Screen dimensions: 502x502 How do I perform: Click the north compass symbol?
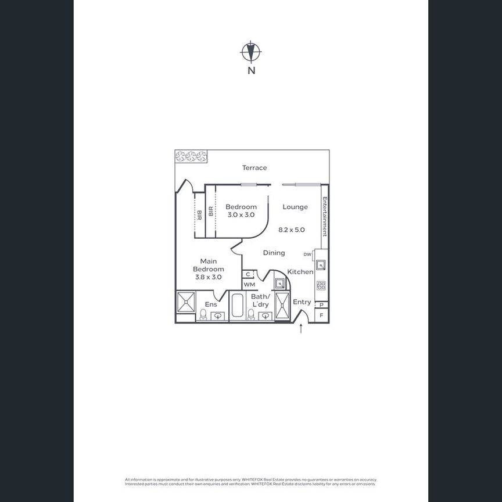pyautogui.click(x=250, y=52)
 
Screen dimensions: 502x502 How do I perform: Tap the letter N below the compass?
pyautogui.click(x=251, y=71)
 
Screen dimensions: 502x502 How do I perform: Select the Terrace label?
pyautogui.click(x=254, y=168)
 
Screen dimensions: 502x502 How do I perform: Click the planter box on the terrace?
pyautogui.click(x=191, y=156)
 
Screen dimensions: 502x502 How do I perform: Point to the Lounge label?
pyautogui.click(x=295, y=207)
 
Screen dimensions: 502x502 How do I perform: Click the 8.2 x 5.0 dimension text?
pyautogui.click(x=292, y=230)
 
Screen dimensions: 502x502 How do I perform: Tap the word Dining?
pyautogui.click(x=274, y=253)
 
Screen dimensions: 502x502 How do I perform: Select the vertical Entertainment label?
pyautogui.click(x=325, y=216)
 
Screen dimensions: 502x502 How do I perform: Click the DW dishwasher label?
pyautogui.click(x=307, y=254)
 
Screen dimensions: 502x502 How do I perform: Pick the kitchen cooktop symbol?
pyautogui.click(x=321, y=285)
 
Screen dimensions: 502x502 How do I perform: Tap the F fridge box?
pyautogui.click(x=321, y=315)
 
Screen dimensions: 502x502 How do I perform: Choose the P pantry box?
pyautogui.click(x=321, y=304)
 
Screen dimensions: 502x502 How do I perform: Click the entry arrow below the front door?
pyautogui.click(x=301, y=329)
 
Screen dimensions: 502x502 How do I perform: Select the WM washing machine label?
pyautogui.click(x=249, y=285)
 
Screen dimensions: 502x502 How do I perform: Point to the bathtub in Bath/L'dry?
pyautogui.click(x=237, y=306)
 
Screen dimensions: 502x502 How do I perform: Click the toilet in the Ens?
pyautogui.click(x=203, y=314)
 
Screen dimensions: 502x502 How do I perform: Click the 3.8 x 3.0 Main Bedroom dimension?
pyautogui.click(x=208, y=277)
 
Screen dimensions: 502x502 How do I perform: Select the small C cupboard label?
pyautogui.click(x=248, y=274)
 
